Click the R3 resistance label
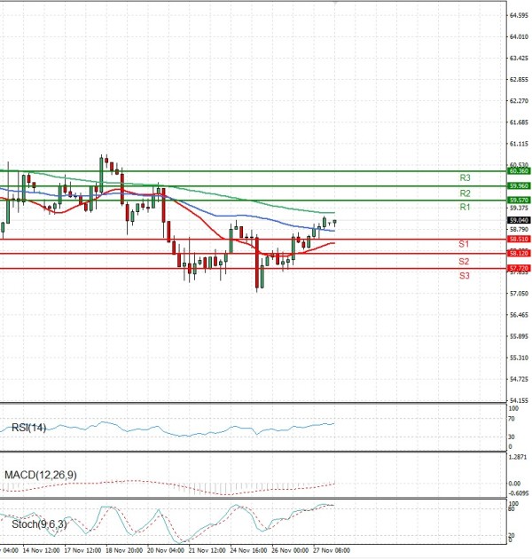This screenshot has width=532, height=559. pos(465,178)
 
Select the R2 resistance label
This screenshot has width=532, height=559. pos(465,193)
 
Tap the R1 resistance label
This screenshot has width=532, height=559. pos(464,207)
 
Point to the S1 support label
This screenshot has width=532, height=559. pos(464,244)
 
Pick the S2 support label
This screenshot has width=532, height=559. pos(464,262)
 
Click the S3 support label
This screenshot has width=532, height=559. pos(464,276)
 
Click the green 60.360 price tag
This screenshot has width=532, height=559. pos(519,170)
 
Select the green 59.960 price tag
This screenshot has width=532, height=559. pos(519,185)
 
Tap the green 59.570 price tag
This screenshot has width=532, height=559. pos(519,201)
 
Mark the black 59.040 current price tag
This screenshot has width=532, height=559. pos(519,220)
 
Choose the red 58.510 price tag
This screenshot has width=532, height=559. pos(519,239)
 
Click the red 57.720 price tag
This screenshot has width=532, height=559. pos(519,268)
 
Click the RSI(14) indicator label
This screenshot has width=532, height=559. pos(29,428)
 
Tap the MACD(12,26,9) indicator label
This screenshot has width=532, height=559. pos(40,476)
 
